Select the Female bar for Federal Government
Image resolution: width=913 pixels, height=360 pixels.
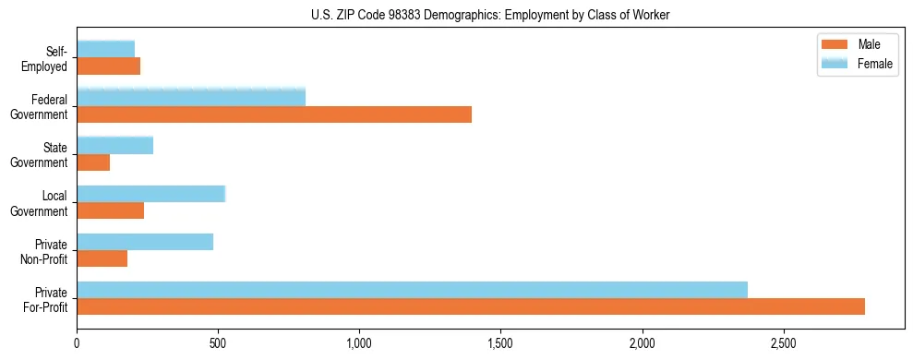tap(191, 97)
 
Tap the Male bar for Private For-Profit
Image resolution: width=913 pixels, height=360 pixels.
tap(471, 306)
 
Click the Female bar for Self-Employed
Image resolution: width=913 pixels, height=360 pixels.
tap(106, 49)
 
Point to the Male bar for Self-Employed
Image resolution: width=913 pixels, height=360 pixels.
tap(109, 66)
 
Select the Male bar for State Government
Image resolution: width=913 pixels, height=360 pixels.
tap(93, 162)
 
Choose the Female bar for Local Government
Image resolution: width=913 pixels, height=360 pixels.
tap(151, 194)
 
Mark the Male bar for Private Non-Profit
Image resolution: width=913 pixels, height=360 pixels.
tap(102, 258)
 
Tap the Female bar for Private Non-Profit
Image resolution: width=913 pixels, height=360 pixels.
tap(145, 242)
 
